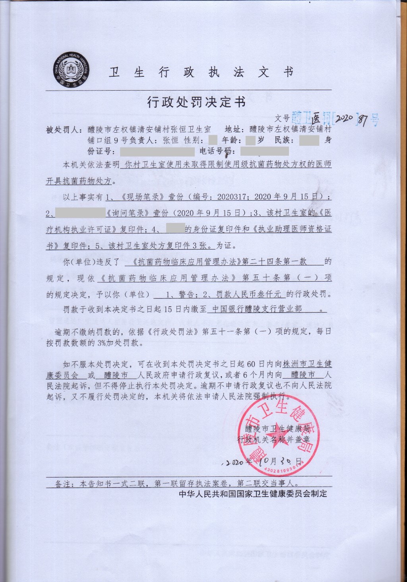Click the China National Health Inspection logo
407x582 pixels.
72,69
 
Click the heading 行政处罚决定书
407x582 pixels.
196,102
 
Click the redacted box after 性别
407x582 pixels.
212,140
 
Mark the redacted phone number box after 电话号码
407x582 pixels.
265,151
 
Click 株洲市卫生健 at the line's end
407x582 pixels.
308,364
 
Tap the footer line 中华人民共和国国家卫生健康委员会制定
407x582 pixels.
253,494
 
